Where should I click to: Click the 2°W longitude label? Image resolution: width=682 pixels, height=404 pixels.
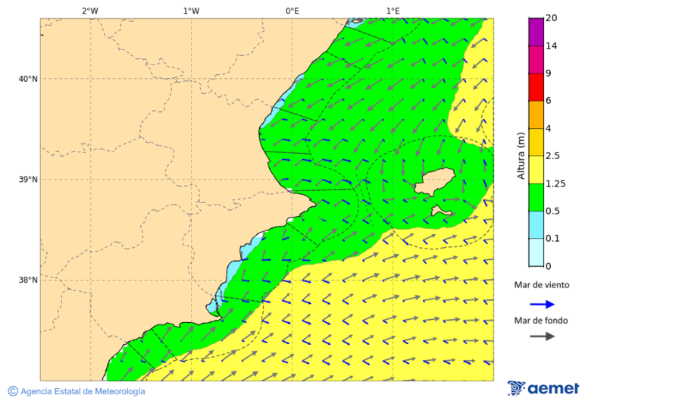[x=89, y=11]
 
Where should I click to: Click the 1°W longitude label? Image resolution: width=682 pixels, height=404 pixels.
[x=191, y=11]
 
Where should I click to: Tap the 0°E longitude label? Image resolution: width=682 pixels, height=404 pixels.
[x=292, y=11]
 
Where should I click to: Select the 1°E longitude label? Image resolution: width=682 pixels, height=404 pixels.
[x=393, y=11]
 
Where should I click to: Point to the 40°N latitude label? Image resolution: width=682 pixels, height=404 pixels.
[x=27, y=79]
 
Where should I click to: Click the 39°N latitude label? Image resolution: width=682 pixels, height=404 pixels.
[x=27, y=180]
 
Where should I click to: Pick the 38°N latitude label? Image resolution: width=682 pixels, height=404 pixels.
[x=27, y=280]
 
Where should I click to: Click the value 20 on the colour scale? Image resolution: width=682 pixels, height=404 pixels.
[x=552, y=18]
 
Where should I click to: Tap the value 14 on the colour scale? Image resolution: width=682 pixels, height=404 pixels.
[x=552, y=46]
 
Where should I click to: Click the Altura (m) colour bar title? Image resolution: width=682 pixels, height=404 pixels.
[x=521, y=155]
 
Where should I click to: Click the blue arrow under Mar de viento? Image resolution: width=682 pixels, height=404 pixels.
[x=542, y=304]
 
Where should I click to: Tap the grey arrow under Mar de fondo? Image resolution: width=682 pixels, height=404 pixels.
[x=542, y=336]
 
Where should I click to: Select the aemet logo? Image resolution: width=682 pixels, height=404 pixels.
[x=543, y=388]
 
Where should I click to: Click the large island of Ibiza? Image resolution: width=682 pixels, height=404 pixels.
[x=434, y=183]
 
